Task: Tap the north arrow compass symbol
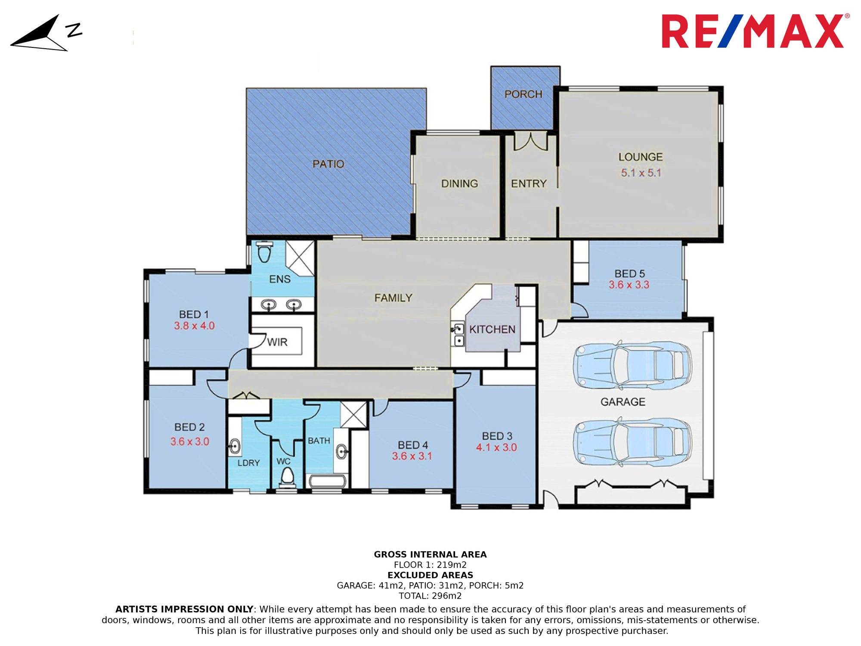46,33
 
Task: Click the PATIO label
328,164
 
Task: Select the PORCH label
523,94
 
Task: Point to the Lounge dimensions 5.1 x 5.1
641,173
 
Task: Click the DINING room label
460,183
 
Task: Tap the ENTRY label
529,183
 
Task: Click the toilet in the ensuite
264,252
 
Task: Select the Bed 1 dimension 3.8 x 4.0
194,326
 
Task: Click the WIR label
277,342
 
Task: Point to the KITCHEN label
492,329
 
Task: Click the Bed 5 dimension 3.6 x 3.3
629,285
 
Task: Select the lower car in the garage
632,441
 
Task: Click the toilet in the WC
288,477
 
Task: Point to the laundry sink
235,446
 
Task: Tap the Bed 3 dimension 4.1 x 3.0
496,447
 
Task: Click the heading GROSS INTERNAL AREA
430,555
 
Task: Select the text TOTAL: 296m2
430,596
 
